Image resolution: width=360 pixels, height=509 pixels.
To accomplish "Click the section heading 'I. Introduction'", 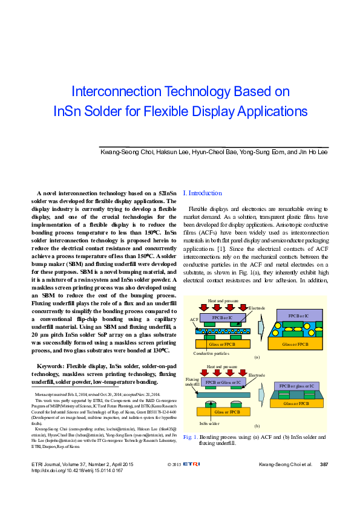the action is (203, 193).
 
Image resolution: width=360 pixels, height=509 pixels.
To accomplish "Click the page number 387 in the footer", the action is (324, 464).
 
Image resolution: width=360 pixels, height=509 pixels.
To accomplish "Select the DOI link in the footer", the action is (77, 470).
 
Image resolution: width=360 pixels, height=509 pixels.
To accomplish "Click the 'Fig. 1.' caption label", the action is (191, 436).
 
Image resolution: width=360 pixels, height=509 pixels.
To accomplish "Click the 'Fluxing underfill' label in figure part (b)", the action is (192, 382).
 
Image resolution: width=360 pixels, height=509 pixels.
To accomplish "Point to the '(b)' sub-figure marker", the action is (257, 426).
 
